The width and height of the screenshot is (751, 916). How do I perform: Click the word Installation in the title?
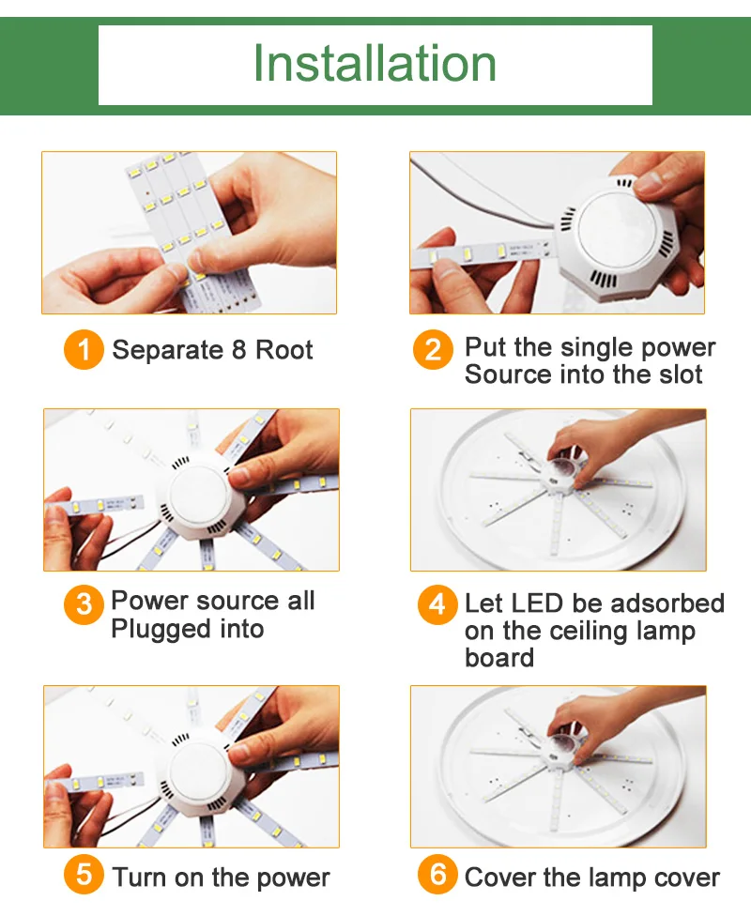click(x=375, y=63)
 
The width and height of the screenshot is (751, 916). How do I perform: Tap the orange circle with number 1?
click(x=84, y=350)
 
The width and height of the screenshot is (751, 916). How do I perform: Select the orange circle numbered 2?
click(x=433, y=350)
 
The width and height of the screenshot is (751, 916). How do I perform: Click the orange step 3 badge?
click(x=84, y=604)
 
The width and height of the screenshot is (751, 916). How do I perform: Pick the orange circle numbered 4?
click(x=437, y=604)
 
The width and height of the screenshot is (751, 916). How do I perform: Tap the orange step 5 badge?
click(x=84, y=875)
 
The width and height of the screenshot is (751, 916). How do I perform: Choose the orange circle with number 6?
click(x=437, y=875)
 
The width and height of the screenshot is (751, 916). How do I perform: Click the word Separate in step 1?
click(x=168, y=350)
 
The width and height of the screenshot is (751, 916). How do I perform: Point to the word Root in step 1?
click(x=284, y=350)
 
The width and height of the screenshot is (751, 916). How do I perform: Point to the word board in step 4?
click(x=499, y=658)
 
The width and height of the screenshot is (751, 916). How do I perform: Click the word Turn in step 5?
click(x=139, y=878)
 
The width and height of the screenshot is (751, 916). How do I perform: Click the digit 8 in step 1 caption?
click(x=239, y=350)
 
